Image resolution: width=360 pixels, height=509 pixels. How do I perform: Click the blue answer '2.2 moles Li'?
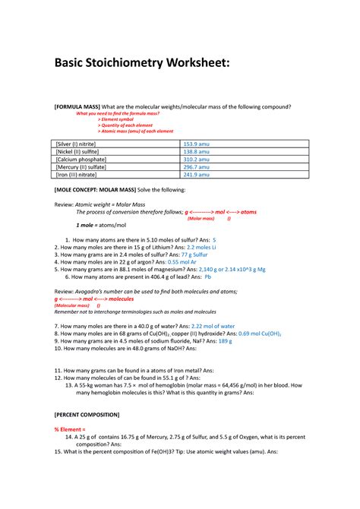(x=201, y=247)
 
